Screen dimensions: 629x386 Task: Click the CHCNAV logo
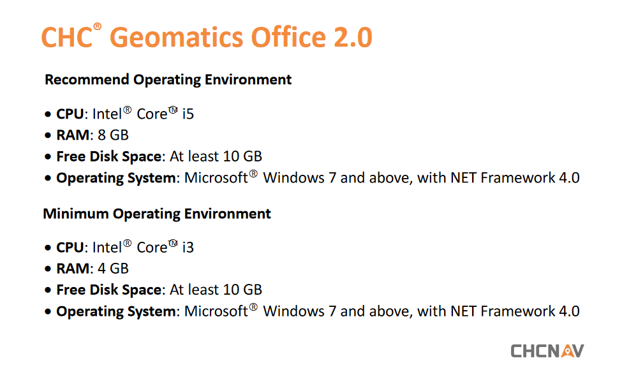(x=547, y=351)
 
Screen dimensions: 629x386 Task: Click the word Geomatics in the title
(x=177, y=37)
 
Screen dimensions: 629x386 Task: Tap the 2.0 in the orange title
(x=353, y=37)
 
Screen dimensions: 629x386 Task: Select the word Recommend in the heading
(x=87, y=80)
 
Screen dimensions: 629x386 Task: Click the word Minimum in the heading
(x=76, y=214)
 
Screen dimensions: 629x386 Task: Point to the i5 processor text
(x=188, y=114)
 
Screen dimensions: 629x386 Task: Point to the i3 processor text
(x=188, y=248)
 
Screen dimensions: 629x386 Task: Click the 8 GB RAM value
(x=113, y=135)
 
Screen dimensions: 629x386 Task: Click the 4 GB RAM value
(x=113, y=269)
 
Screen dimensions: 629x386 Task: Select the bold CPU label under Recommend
(x=70, y=114)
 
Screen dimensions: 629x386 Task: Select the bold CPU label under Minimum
(x=70, y=248)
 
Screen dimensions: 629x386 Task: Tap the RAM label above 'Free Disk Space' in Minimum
(x=73, y=269)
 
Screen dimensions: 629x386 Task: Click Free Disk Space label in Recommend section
(x=108, y=156)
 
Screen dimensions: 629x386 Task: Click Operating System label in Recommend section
(x=116, y=178)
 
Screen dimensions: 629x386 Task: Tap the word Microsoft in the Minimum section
(x=216, y=311)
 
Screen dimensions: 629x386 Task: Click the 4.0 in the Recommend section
(x=569, y=178)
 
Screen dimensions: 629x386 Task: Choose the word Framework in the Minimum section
(x=518, y=311)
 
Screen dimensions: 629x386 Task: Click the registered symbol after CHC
(x=97, y=27)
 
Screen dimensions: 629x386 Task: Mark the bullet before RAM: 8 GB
(x=48, y=136)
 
